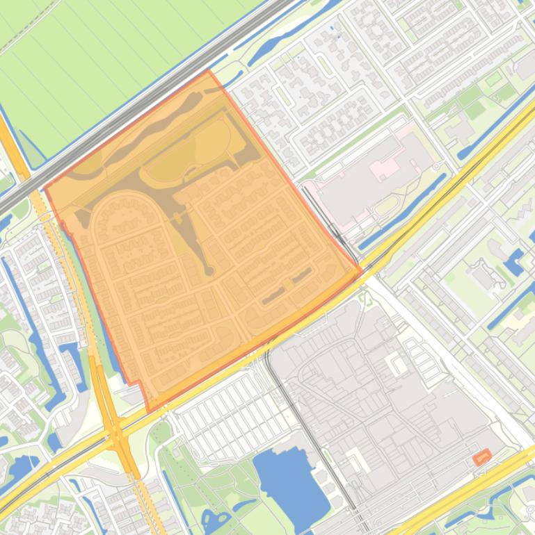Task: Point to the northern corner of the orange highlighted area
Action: (208, 70)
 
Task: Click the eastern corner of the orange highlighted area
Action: (362, 272)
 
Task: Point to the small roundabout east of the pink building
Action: (438, 167)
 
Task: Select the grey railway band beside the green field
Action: (139, 104)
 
